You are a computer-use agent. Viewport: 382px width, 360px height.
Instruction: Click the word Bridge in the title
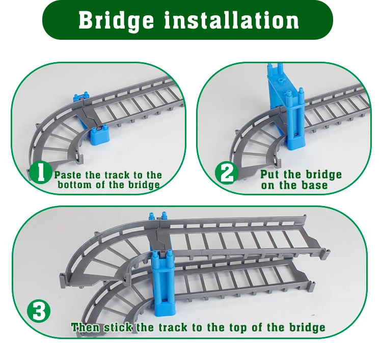[116, 20]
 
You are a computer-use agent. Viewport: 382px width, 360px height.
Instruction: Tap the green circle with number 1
[40, 172]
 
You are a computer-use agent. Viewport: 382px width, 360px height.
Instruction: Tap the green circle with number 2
[227, 173]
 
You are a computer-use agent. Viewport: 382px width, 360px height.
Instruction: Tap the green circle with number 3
[39, 312]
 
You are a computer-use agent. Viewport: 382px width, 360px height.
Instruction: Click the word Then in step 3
[86, 327]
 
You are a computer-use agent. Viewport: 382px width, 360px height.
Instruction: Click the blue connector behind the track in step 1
[80, 97]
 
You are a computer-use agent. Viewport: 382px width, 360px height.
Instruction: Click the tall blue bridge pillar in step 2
[286, 107]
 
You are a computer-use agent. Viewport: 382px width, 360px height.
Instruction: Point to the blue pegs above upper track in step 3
[157, 216]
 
